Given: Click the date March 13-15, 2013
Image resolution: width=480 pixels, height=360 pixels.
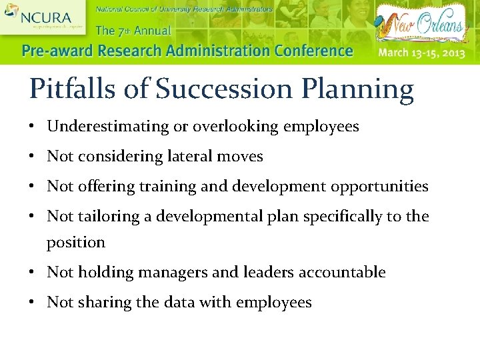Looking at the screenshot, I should [421, 52].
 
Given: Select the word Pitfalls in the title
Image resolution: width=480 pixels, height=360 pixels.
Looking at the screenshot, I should [70, 89].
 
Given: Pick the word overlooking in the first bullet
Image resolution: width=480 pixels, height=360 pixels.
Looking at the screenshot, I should [237, 127].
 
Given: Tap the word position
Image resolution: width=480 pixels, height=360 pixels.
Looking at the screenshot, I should [75, 243].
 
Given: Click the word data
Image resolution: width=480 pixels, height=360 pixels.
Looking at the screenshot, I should [179, 302].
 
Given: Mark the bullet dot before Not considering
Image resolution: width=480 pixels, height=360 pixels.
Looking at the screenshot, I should [32, 157].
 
